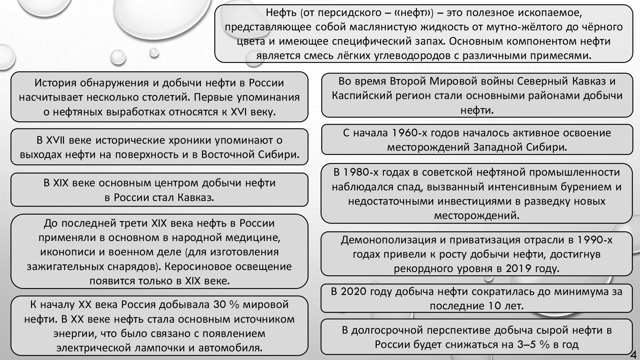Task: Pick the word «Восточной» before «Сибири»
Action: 228,155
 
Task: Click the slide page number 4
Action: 634,354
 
